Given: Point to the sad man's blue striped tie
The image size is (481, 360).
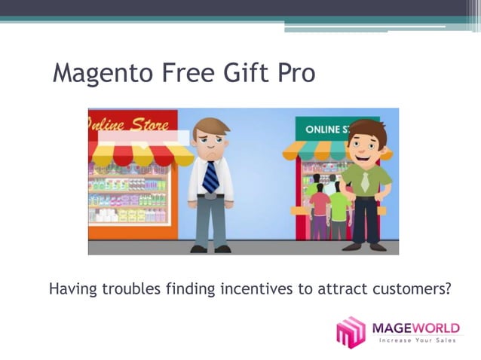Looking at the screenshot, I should pos(211,176).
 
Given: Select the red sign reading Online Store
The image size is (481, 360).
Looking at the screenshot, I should pos(133,123).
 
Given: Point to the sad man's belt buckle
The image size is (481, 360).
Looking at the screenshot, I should pos(211,197).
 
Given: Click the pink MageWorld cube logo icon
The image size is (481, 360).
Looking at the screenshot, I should pos(351,332).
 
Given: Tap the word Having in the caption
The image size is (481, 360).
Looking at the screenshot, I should pos(71,288).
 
